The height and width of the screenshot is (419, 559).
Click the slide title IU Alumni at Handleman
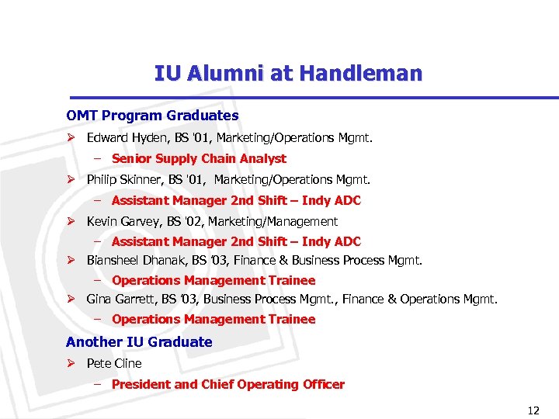288,74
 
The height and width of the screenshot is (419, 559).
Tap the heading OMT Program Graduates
152,116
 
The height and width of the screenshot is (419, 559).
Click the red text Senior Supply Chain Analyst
199,158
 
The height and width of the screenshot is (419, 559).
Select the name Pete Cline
114,363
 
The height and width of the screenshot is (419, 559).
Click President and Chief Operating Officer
227,384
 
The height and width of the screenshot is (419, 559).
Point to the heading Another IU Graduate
139,342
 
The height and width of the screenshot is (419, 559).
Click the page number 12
533,410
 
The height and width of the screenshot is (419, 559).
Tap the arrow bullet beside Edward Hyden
70,138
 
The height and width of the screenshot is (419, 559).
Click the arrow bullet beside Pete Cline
70,363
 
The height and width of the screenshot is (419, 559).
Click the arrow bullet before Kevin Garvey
70,221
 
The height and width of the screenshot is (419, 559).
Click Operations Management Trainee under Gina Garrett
214,319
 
